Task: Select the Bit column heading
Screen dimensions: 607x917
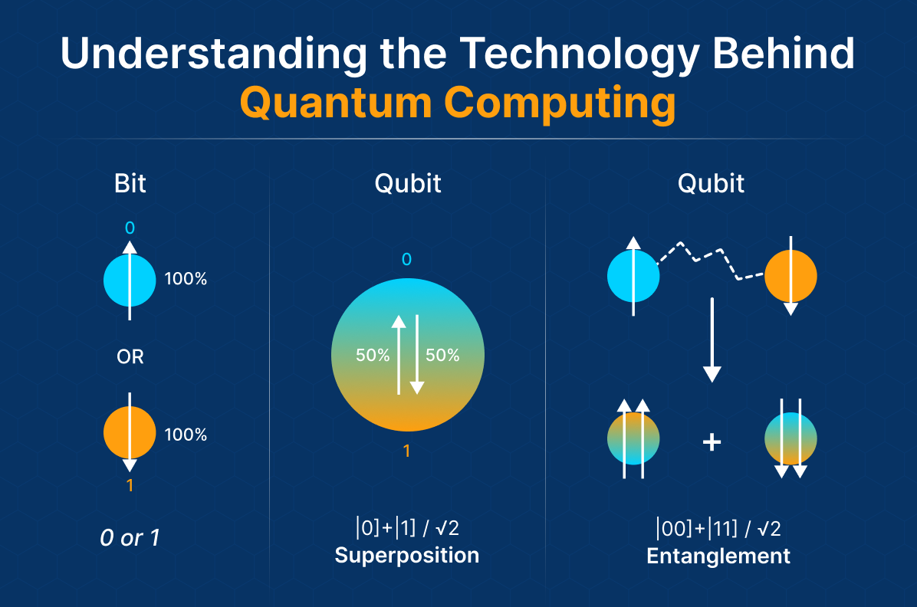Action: click(130, 184)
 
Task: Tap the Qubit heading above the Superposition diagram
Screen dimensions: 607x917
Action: click(407, 184)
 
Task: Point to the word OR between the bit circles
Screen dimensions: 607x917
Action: click(130, 357)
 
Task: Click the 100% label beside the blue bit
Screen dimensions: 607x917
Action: click(186, 279)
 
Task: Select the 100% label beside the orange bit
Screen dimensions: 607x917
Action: click(186, 435)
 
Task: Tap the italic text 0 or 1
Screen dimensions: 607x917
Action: click(130, 538)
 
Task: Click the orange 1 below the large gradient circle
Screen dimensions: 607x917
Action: click(406, 451)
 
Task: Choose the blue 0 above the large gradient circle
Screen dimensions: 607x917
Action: click(406, 260)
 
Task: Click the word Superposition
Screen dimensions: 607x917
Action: click(406, 555)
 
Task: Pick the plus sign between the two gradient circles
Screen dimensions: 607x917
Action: click(712, 442)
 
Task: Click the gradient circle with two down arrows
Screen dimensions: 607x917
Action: click(790, 439)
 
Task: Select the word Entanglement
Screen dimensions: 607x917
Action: click(718, 556)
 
